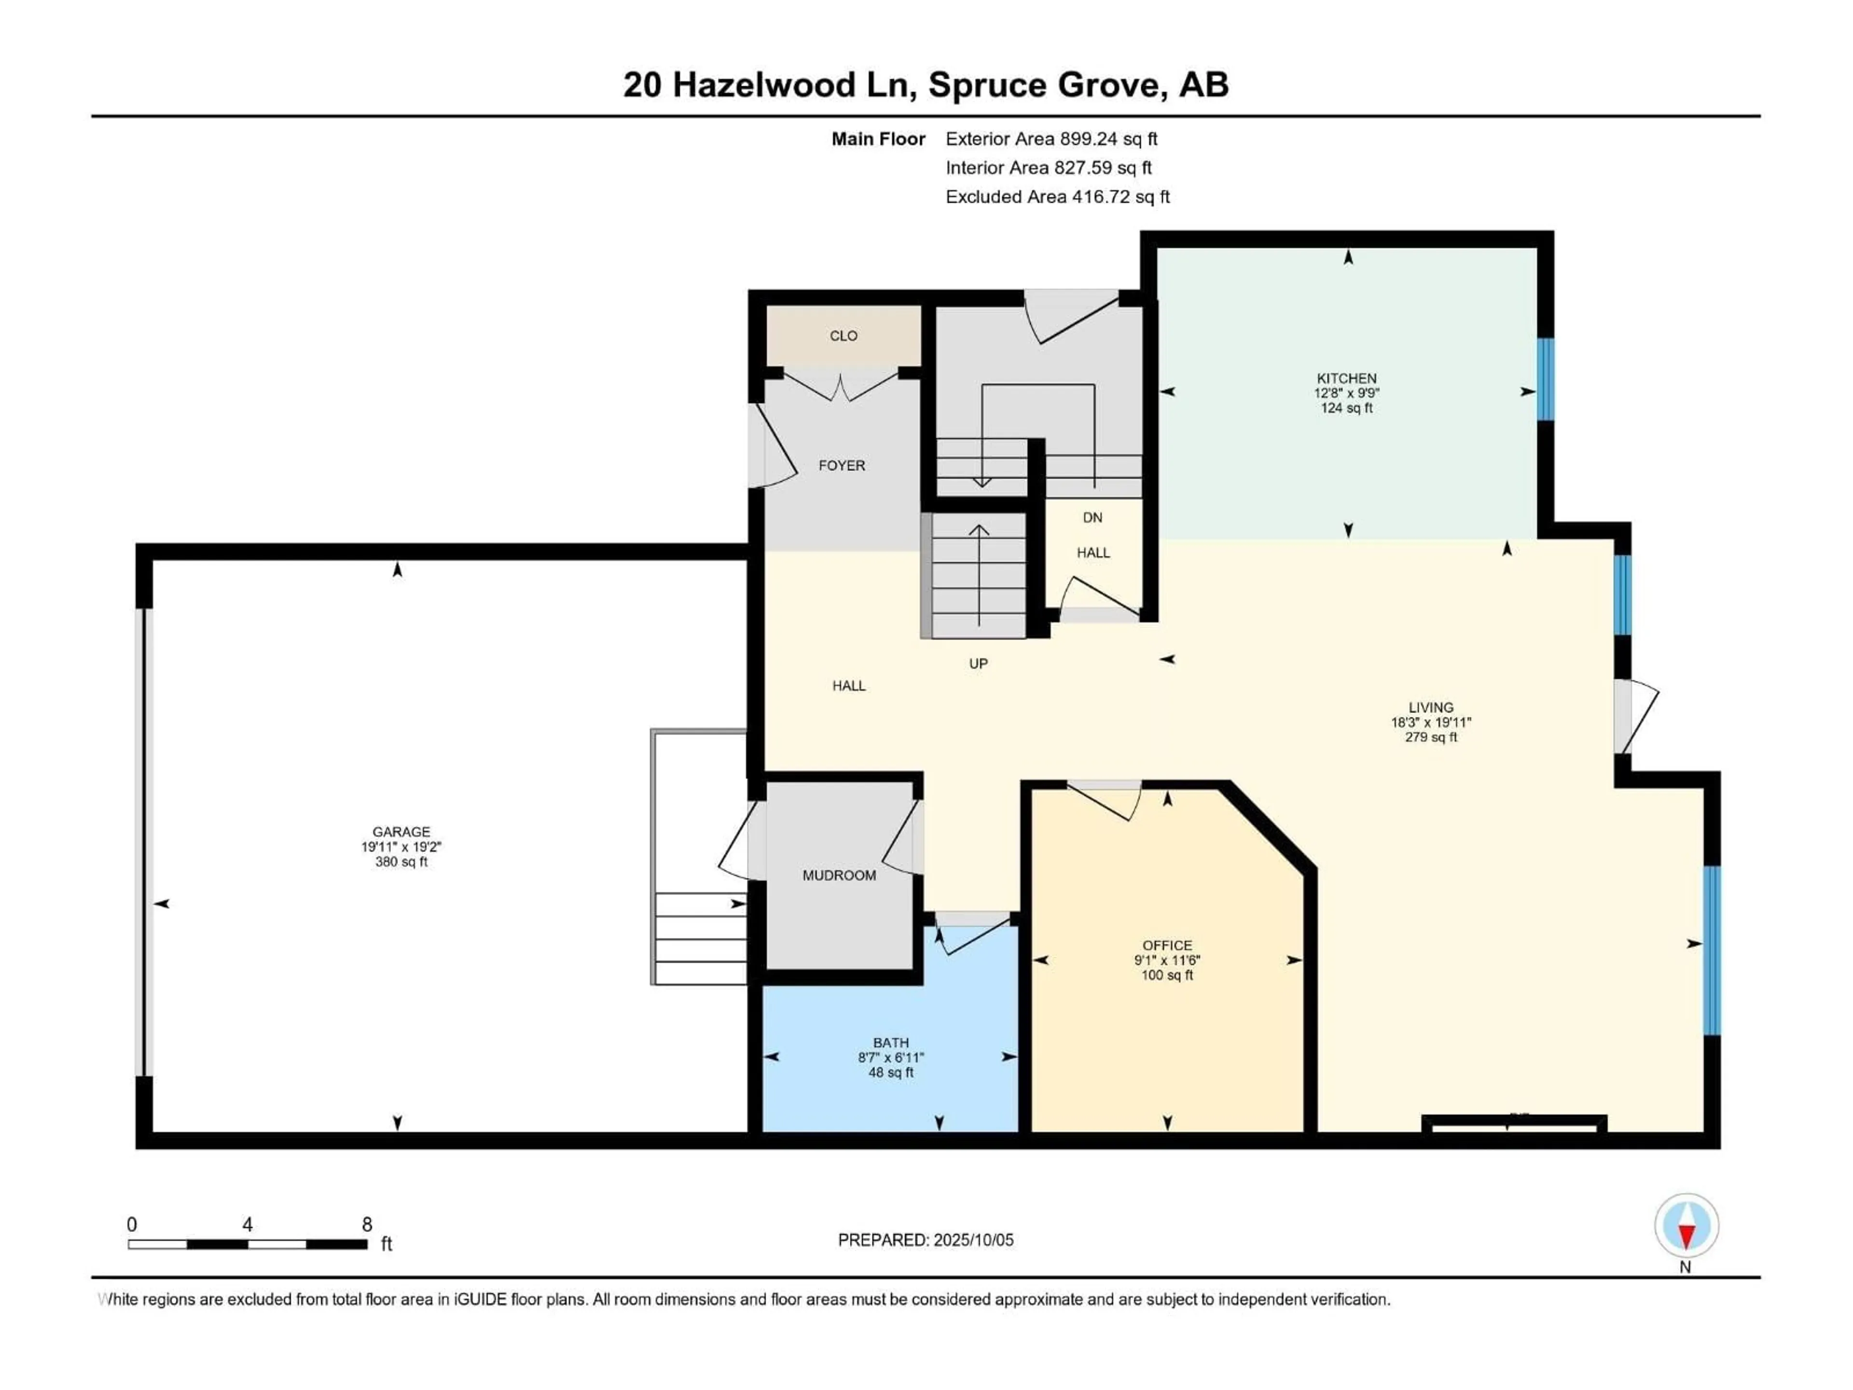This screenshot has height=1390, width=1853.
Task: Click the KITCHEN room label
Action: point(1346,378)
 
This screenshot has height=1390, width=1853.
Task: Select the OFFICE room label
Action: point(1167,945)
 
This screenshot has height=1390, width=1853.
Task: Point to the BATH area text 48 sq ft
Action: point(890,1072)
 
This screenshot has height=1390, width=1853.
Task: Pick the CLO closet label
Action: point(843,336)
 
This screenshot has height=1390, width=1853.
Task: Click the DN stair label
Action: point(1092,518)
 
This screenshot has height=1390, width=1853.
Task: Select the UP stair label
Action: point(978,664)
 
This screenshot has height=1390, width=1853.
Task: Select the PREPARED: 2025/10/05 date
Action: point(925,1240)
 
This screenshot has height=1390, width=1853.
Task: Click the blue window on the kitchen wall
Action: point(1545,379)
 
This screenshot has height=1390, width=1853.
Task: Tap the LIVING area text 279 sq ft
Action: point(1431,737)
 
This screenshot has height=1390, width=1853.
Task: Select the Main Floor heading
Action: point(877,139)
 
